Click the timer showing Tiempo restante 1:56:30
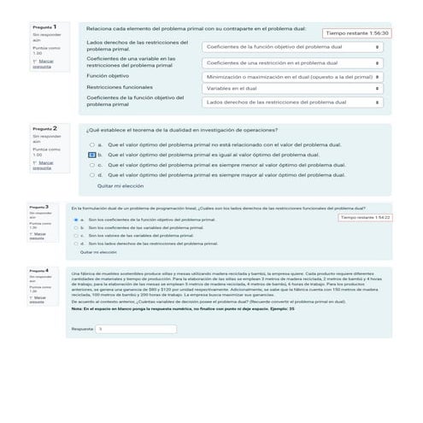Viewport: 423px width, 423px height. tap(357, 32)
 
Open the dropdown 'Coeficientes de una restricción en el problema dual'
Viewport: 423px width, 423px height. tap(293, 62)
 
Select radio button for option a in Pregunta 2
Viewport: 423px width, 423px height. tap(91, 145)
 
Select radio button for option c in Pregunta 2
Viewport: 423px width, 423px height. tap(91, 164)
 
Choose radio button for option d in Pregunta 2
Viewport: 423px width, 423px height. tap(91, 174)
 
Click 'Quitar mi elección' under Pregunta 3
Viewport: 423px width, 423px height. tap(98, 253)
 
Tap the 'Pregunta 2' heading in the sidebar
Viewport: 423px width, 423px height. tap(44, 128)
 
